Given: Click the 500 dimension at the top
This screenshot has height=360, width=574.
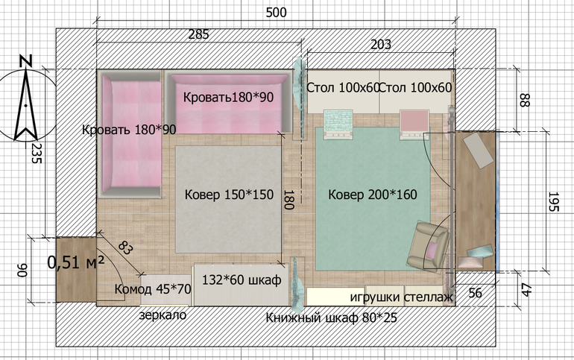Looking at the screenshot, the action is pyautogui.click(x=276, y=13).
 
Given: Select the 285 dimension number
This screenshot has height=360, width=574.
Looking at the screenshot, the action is pyautogui.click(x=199, y=34).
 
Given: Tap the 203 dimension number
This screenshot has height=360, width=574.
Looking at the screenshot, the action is pyautogui.click(x=381, y=45).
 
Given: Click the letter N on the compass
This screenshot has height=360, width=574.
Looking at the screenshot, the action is pyautogui.click(x=25, y=61).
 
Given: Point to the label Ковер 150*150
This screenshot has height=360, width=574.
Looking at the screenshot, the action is pyautogui.click(x=229, y=195).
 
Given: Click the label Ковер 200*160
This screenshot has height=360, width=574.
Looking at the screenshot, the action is pyautogui.click(x=373, y=195).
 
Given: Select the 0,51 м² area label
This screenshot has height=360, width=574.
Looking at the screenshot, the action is pyautogui.click(x=76, y=262).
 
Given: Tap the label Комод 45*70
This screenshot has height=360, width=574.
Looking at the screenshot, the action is pyautogui.click(x=153, y=289).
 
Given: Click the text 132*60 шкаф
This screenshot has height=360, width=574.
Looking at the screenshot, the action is pyautogui.click(x=242, y=280).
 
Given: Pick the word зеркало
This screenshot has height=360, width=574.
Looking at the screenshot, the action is pyautogui.click(x=163, y=315).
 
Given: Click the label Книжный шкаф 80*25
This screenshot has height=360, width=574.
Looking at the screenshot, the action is pyautogui.click(x=331, y=318).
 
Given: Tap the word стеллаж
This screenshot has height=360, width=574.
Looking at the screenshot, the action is pyautogui.click(x=429, y=297).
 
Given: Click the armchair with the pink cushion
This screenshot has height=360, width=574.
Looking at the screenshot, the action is pyautogui.click(x=429, y=246).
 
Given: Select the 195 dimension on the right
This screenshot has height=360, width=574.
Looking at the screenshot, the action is pyautogui.click(x=553, y=201).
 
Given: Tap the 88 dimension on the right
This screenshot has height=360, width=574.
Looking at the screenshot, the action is pyautogui.click(x=525, y=100).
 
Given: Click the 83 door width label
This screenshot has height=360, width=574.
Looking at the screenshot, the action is pyautogui.click(x=125, y=248).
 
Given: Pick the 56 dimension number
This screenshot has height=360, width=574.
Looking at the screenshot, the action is pyautogui.click(x=475, y=293).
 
